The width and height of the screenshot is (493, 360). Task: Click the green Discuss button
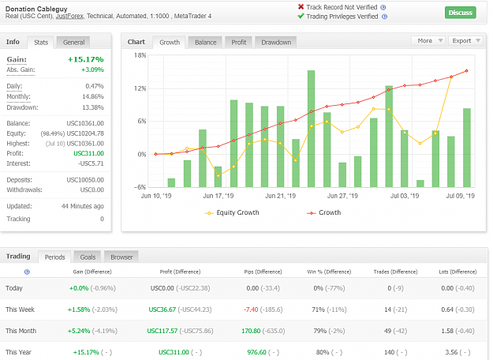pyautogui.click(x=461, y=13)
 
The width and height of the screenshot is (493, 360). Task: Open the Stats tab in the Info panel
pyautogui.click(x=41, y=43)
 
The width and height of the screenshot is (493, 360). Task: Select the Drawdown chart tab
pyautogui.click(x=276, y=43)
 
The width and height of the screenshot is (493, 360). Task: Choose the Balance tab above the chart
pyautogui.click(x=205, y=43)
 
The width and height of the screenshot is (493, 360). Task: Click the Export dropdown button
pyautogui.click(x=465, y=40)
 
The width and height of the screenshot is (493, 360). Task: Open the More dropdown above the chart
pyautogui.click(x=428, y=40)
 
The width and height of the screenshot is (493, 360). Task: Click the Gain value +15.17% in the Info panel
pyautogui.click(x=85, y=59)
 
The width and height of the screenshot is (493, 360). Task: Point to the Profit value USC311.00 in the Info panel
pyautogui.click(x=88, y=153)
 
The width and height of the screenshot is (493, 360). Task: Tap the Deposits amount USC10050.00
pyautogui.click(x=85, y=180)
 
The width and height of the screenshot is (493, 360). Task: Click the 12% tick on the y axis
pyautogui.click(x=140, y=88)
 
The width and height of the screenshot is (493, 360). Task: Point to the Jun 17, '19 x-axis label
pyautogui.click(x=218, y=196)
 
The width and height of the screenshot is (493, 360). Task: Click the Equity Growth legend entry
pyautogui.click(x=232, y=212)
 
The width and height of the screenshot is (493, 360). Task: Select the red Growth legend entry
pyautogui.click(x=324, y=212)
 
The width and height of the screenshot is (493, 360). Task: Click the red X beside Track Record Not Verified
pyautogui.click(x=301, y=6)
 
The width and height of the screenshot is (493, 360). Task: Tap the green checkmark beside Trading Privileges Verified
pyautogui.click(x=301, y=16)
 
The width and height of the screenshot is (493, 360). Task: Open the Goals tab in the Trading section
pyautogui.click(x=88, y=257)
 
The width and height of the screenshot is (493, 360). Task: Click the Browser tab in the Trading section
pyautogui.click(x=121, y=257)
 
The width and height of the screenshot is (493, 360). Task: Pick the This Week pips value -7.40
pyautogui.click(x=251, y=309)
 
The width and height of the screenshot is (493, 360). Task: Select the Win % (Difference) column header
pyautogui.click(x=329, y=272)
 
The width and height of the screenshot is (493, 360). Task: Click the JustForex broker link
pyautogui.click(x=69, y=16)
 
